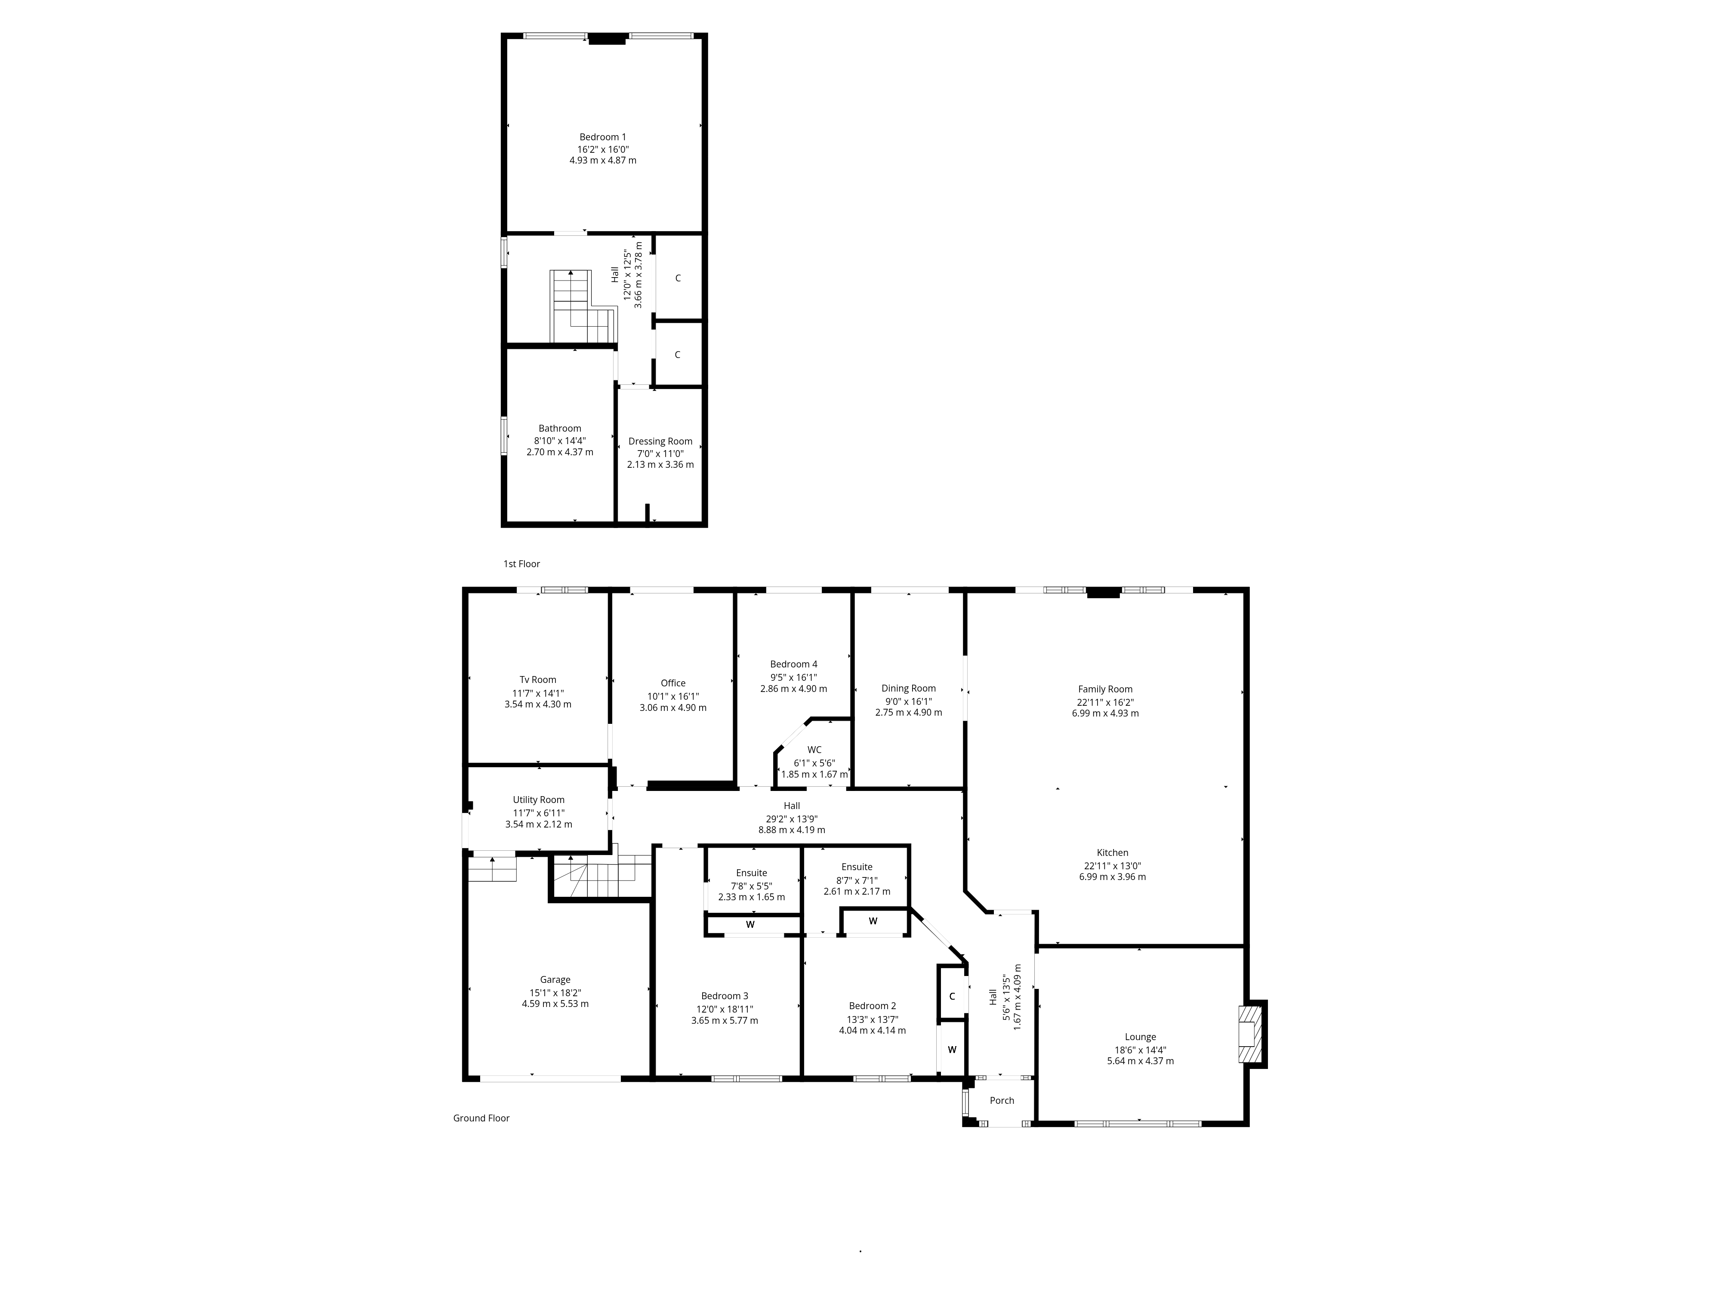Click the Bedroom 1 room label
[602, 137]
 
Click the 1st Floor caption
[521, 563]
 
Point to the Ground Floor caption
[481, 1118]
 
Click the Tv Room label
[538, 679]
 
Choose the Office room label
[673, 683]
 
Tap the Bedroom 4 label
[793, 664]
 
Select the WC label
[814, 750]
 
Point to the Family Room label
[1105, 689]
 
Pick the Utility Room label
[538, 800]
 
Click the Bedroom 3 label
[725, 996]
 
